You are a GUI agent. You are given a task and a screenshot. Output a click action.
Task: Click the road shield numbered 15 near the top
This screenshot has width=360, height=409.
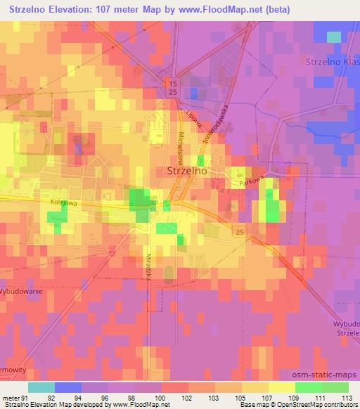[x=172, y=84]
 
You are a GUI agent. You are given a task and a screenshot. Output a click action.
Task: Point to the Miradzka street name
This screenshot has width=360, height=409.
[x=150, y=265]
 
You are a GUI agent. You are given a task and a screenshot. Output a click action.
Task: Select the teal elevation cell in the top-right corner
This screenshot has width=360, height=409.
[x=333, y=37]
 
